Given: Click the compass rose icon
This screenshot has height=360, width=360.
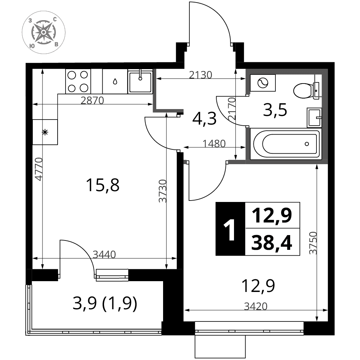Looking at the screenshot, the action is tap(44, 32).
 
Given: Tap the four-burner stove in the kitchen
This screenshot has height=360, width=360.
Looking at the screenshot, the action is tap(78, 81).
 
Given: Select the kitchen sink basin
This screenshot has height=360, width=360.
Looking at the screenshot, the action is tap(140, 81).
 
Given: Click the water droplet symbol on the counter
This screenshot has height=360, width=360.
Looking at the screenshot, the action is tap(115, 81).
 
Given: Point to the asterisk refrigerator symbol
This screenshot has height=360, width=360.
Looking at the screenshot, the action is tap(45, 132).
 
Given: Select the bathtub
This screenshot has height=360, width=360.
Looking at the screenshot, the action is tap(285, 144).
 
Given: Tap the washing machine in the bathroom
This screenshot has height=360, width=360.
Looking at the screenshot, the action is tap(263, 83).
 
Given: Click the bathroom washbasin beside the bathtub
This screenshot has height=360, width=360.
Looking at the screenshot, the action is tap(314, 118).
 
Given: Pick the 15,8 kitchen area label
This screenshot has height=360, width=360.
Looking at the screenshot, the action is tap(102, 185).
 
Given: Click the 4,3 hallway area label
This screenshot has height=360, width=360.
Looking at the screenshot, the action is tap(204, 119).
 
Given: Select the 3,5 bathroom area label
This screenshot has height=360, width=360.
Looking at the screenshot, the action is tap(275, 110).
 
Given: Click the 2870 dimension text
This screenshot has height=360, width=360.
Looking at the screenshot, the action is tap(92, 100).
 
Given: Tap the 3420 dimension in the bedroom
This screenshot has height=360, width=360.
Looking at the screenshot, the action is tap(256, 306).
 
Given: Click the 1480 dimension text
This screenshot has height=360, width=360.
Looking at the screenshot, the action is tap(214, 144).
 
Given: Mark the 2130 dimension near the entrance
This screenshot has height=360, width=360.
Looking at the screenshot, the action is tap(201, 75).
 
